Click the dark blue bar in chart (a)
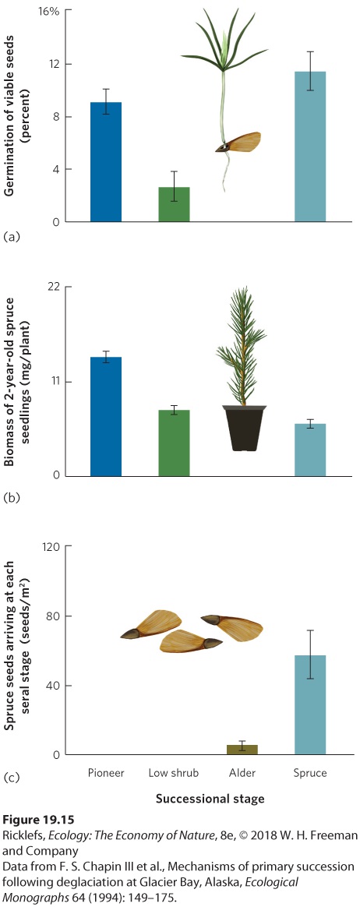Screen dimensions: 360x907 click(x=106, y=162)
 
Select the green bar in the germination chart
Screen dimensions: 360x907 click(x=175, y=204)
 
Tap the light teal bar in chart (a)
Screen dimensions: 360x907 click(x=310, y=147)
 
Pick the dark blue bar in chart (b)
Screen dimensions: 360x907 click(x=106, y=417)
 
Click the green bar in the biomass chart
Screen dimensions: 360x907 click(x=175, y=443)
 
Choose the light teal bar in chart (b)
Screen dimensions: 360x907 click(x=310, y=450)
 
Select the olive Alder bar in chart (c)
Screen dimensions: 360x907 click(x=242, y=750)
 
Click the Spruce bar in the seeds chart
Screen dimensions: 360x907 click(x=310, y=705)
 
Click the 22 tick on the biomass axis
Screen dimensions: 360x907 click(x=51, y=287)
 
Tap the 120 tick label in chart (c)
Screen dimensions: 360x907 click(x=48, y=546)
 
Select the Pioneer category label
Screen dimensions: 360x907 click(x=106, y=774)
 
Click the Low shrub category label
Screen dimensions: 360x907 click(x=175, y=774)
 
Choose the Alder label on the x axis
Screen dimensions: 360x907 click(x=242, y=774)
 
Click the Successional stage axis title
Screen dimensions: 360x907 click(x=210, y=799)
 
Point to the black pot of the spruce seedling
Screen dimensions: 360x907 click(x=244, y=428)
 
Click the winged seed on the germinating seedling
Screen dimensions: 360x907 click(x=239, y=143)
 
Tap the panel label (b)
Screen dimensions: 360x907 click(x=12, y=496)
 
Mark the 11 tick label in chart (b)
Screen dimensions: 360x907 click(x=51, y=382)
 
